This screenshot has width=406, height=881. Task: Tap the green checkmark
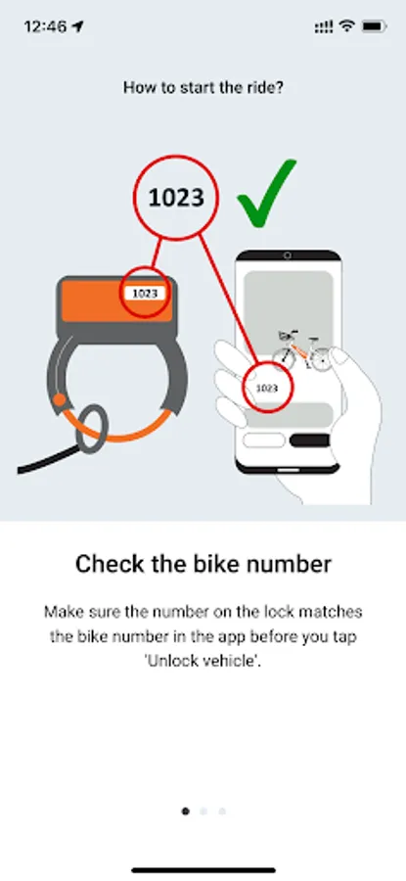coord(264,198)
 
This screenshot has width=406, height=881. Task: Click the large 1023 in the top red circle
coord(175,197)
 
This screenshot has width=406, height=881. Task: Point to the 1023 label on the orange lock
coord(145,293)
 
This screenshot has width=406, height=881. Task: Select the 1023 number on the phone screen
coord(267,388)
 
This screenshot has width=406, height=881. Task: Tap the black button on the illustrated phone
coord(309,440)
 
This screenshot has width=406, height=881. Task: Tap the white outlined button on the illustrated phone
coord(264,440)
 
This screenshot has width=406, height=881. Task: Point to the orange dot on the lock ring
coord(59,400)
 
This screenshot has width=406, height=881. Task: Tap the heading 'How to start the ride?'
coord(203,88)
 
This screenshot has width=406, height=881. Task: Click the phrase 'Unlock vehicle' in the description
coord(203,661)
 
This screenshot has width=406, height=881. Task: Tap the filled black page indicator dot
coord(185,811)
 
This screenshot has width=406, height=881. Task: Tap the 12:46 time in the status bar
coord(45,26)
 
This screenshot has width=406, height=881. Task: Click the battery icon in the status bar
coord(374,26)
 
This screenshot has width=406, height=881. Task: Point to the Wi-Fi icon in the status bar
coord(348,26)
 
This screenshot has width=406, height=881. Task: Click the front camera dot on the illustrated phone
coord(288,255)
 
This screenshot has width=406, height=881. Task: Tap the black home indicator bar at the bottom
coord(203,870)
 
